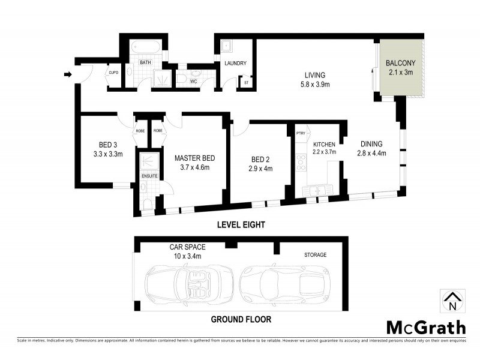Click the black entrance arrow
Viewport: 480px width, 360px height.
pos(68,74)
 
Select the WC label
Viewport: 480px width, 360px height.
pos(194,81)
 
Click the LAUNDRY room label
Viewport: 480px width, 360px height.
pos(236,64)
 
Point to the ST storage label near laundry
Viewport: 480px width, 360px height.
pos(245,82)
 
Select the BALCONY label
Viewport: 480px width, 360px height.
pos(400,63)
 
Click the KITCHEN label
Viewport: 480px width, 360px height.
pos(325,144)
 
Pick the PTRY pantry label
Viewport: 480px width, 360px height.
pos(301,133)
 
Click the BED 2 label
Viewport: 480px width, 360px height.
pos(260,160)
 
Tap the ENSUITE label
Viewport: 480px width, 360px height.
pos(149,176)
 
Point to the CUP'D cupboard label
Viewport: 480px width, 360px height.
pos(113,73)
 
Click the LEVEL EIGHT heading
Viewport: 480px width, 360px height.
pos(239,224)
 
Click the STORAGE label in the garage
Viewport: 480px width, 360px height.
pos(314,255)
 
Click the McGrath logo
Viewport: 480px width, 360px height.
pos(425,327)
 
